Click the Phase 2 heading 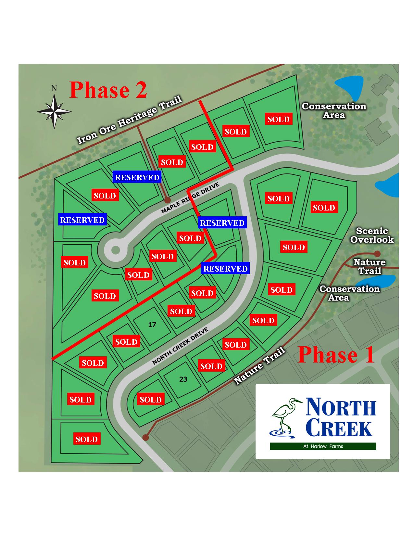coord(108,90)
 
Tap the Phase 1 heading coord(336,355)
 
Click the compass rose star coord(54,111)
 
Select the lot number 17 coord(152,325)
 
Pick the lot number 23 coord(183,379)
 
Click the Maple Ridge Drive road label coord(190,198)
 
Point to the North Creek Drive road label coord(181,346)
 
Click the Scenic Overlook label coord(372,235)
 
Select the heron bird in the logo coord(286,418)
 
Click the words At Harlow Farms coord(323,446)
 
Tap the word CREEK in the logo coord(340,428)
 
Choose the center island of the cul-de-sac coord(115,250)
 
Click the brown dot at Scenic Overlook coord(377,254)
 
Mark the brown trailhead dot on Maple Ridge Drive coord(167,200)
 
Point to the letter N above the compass coord(54,88)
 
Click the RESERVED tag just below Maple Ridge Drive coord(222,223)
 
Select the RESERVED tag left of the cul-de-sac coord(82,220)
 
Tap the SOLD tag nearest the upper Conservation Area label coord(279,119)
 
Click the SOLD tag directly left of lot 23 coord(151,399)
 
